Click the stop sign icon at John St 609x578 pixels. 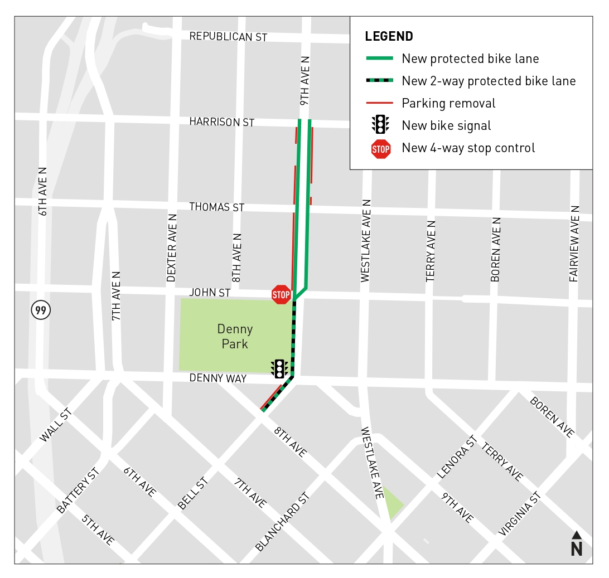[281, 294]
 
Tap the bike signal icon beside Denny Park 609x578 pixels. [279, 368]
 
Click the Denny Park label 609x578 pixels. [235, 337]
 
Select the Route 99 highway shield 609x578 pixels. [40, 310]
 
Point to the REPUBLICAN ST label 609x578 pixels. [228, 37]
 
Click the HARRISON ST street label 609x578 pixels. [221, 122]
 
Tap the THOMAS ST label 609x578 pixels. [216, 207]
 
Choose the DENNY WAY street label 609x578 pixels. [217, 378]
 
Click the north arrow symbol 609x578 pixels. [577, 543]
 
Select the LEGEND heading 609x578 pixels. [389, 37]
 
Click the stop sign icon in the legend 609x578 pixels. [381, 149]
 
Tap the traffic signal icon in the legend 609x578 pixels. [381, 125]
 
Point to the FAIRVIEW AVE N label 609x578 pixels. [574, 244]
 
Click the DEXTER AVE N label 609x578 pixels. [172, 247]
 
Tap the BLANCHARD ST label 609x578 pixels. [282, 522]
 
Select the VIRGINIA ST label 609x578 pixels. [519, 514]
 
